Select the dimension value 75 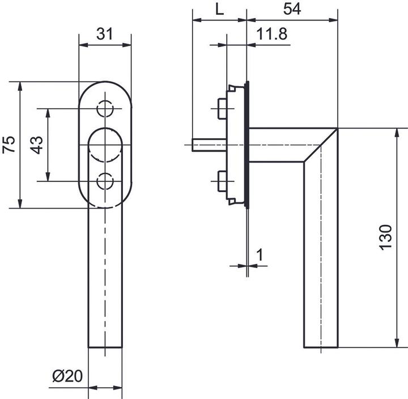pos(8,145)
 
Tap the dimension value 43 pos(36,145)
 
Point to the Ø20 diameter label pos(67,376)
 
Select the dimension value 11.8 pos(271,34)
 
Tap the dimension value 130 pos(385,237)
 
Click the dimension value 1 pos(260,254)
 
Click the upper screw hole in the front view pos(105,108)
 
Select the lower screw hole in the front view pos(105,181)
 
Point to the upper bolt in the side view pos(222,108)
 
